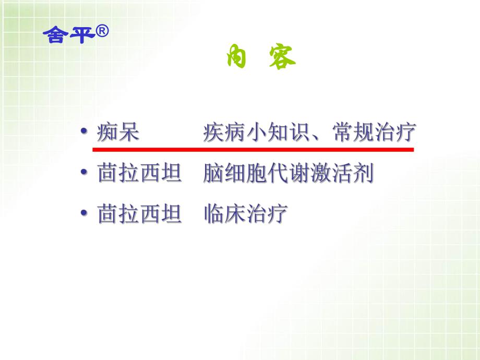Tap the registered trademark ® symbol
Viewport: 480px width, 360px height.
click(102, 32)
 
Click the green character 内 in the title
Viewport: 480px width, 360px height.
click(236, 58)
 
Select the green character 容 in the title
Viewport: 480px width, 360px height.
click(282, 58)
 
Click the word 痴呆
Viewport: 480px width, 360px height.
click(118, 133)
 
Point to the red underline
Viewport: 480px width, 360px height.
click(253, 150)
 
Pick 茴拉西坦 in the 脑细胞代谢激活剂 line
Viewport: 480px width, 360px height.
click(140, 174)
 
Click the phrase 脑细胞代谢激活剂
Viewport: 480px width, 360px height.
click(289, 174)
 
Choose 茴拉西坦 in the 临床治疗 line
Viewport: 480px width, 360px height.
click(140, 214)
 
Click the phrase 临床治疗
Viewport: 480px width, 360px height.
click(246, 214)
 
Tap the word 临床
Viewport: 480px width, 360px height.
click(224, 214)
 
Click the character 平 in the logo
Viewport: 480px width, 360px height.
click(80, 35)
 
